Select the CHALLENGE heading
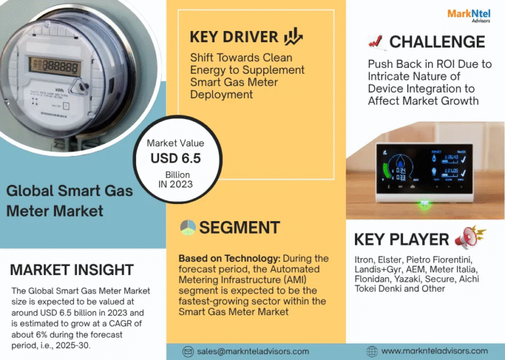437,42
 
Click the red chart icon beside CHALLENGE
376,42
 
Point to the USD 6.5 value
176,159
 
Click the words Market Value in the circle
176,143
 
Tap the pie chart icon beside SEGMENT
188,227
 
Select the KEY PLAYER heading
401,240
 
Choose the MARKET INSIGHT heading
72,270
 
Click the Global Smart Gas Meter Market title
69,201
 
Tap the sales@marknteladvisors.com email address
253,351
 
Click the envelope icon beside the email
187,351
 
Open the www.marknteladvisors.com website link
434,351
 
